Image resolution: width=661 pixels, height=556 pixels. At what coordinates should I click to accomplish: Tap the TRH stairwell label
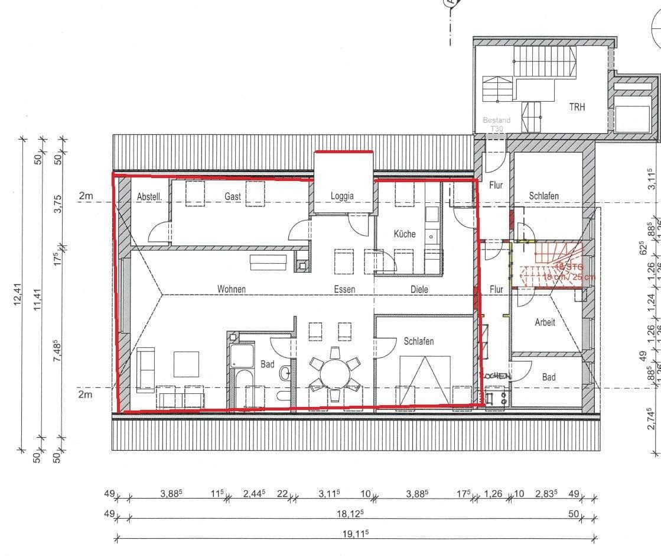577,108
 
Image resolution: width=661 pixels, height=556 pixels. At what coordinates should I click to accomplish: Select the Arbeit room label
545,322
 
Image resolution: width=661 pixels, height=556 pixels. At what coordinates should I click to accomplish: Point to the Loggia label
342,196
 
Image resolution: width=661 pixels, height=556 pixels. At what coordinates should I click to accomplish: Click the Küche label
405,234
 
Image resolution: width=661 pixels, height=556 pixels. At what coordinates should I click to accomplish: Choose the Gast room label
232,196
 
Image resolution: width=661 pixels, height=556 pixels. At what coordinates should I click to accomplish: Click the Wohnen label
231,289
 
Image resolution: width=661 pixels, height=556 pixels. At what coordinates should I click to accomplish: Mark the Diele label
419,289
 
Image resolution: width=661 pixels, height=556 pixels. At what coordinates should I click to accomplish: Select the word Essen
344,289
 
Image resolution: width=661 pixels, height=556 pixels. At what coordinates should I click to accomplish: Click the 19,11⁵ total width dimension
356,533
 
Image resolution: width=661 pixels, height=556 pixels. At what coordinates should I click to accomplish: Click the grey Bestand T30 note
496,124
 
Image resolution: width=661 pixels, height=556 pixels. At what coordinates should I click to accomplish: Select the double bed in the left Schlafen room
425,379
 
